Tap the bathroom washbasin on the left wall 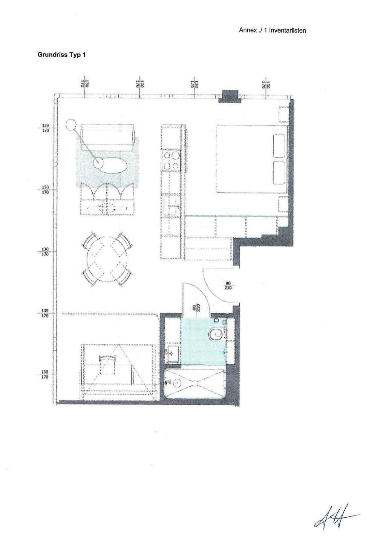pyautogui.click(x=172, y=353)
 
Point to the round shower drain pyautogui.click(x=176, y=383)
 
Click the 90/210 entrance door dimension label pyautogui.click(x=228, y=285)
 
